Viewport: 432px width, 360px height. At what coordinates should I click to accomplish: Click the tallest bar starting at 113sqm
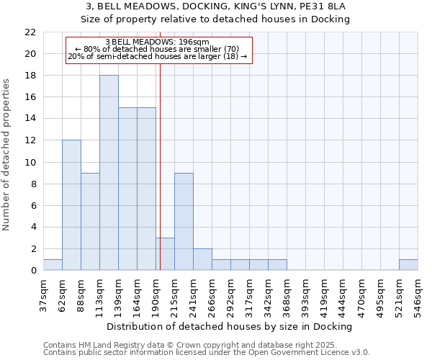pyautogui.click(x=109, y=173)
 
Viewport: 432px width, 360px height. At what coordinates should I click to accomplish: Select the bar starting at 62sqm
pyautogui.click(x=71, y=205)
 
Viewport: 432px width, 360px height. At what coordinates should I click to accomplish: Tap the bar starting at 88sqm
pyautogui.click(x=90, y=221)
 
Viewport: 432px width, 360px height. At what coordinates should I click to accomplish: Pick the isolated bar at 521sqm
pyautogui.click(x=408, y=265)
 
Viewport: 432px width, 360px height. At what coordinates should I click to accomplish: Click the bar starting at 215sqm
pyautogui.click(x=184, y=221)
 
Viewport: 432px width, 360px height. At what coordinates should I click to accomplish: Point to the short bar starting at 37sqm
pyautogui.click(x=53, y=265)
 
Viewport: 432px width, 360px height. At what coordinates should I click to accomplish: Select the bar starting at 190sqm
pyautogui.click(x=165, y=254)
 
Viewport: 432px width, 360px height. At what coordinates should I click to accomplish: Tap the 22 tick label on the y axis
pyautogui.click(x=30, y=32)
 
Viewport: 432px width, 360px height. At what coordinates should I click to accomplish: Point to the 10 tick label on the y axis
pyautogui.click(x=30, y=163)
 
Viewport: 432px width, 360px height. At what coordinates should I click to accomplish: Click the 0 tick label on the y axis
pyautogui.click(x=33, y=271)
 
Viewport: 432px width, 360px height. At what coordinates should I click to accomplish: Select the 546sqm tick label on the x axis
pyautogui.click(x=418, y=293)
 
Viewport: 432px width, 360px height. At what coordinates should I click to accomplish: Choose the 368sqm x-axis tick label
pyautogui.click(x=287, y=293)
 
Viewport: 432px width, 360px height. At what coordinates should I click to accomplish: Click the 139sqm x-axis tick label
pyautogui.click(x=118, y=293)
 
